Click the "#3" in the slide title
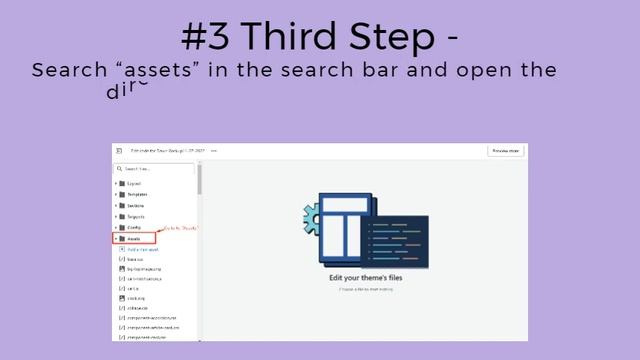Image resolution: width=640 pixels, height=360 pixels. (x=206, y=37)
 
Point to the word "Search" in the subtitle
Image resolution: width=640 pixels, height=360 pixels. (x=68, y=71)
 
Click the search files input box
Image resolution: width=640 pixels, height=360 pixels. (x=156, y=169)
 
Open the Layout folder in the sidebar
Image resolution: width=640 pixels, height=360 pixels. (x=133, y=184)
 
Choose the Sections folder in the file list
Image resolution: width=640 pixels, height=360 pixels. (x=135, y=206)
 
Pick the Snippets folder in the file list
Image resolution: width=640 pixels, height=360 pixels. (x=135, y=216)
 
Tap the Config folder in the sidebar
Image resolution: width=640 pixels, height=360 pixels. (x=133, y=227)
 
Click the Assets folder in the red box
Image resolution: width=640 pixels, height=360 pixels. (x=134, y=238)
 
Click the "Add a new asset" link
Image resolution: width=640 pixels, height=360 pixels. (x=144, y=249)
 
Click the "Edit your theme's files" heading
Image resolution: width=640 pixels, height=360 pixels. (x=365, y=277)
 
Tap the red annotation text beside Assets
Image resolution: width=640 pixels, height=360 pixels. (x=179, y=229)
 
